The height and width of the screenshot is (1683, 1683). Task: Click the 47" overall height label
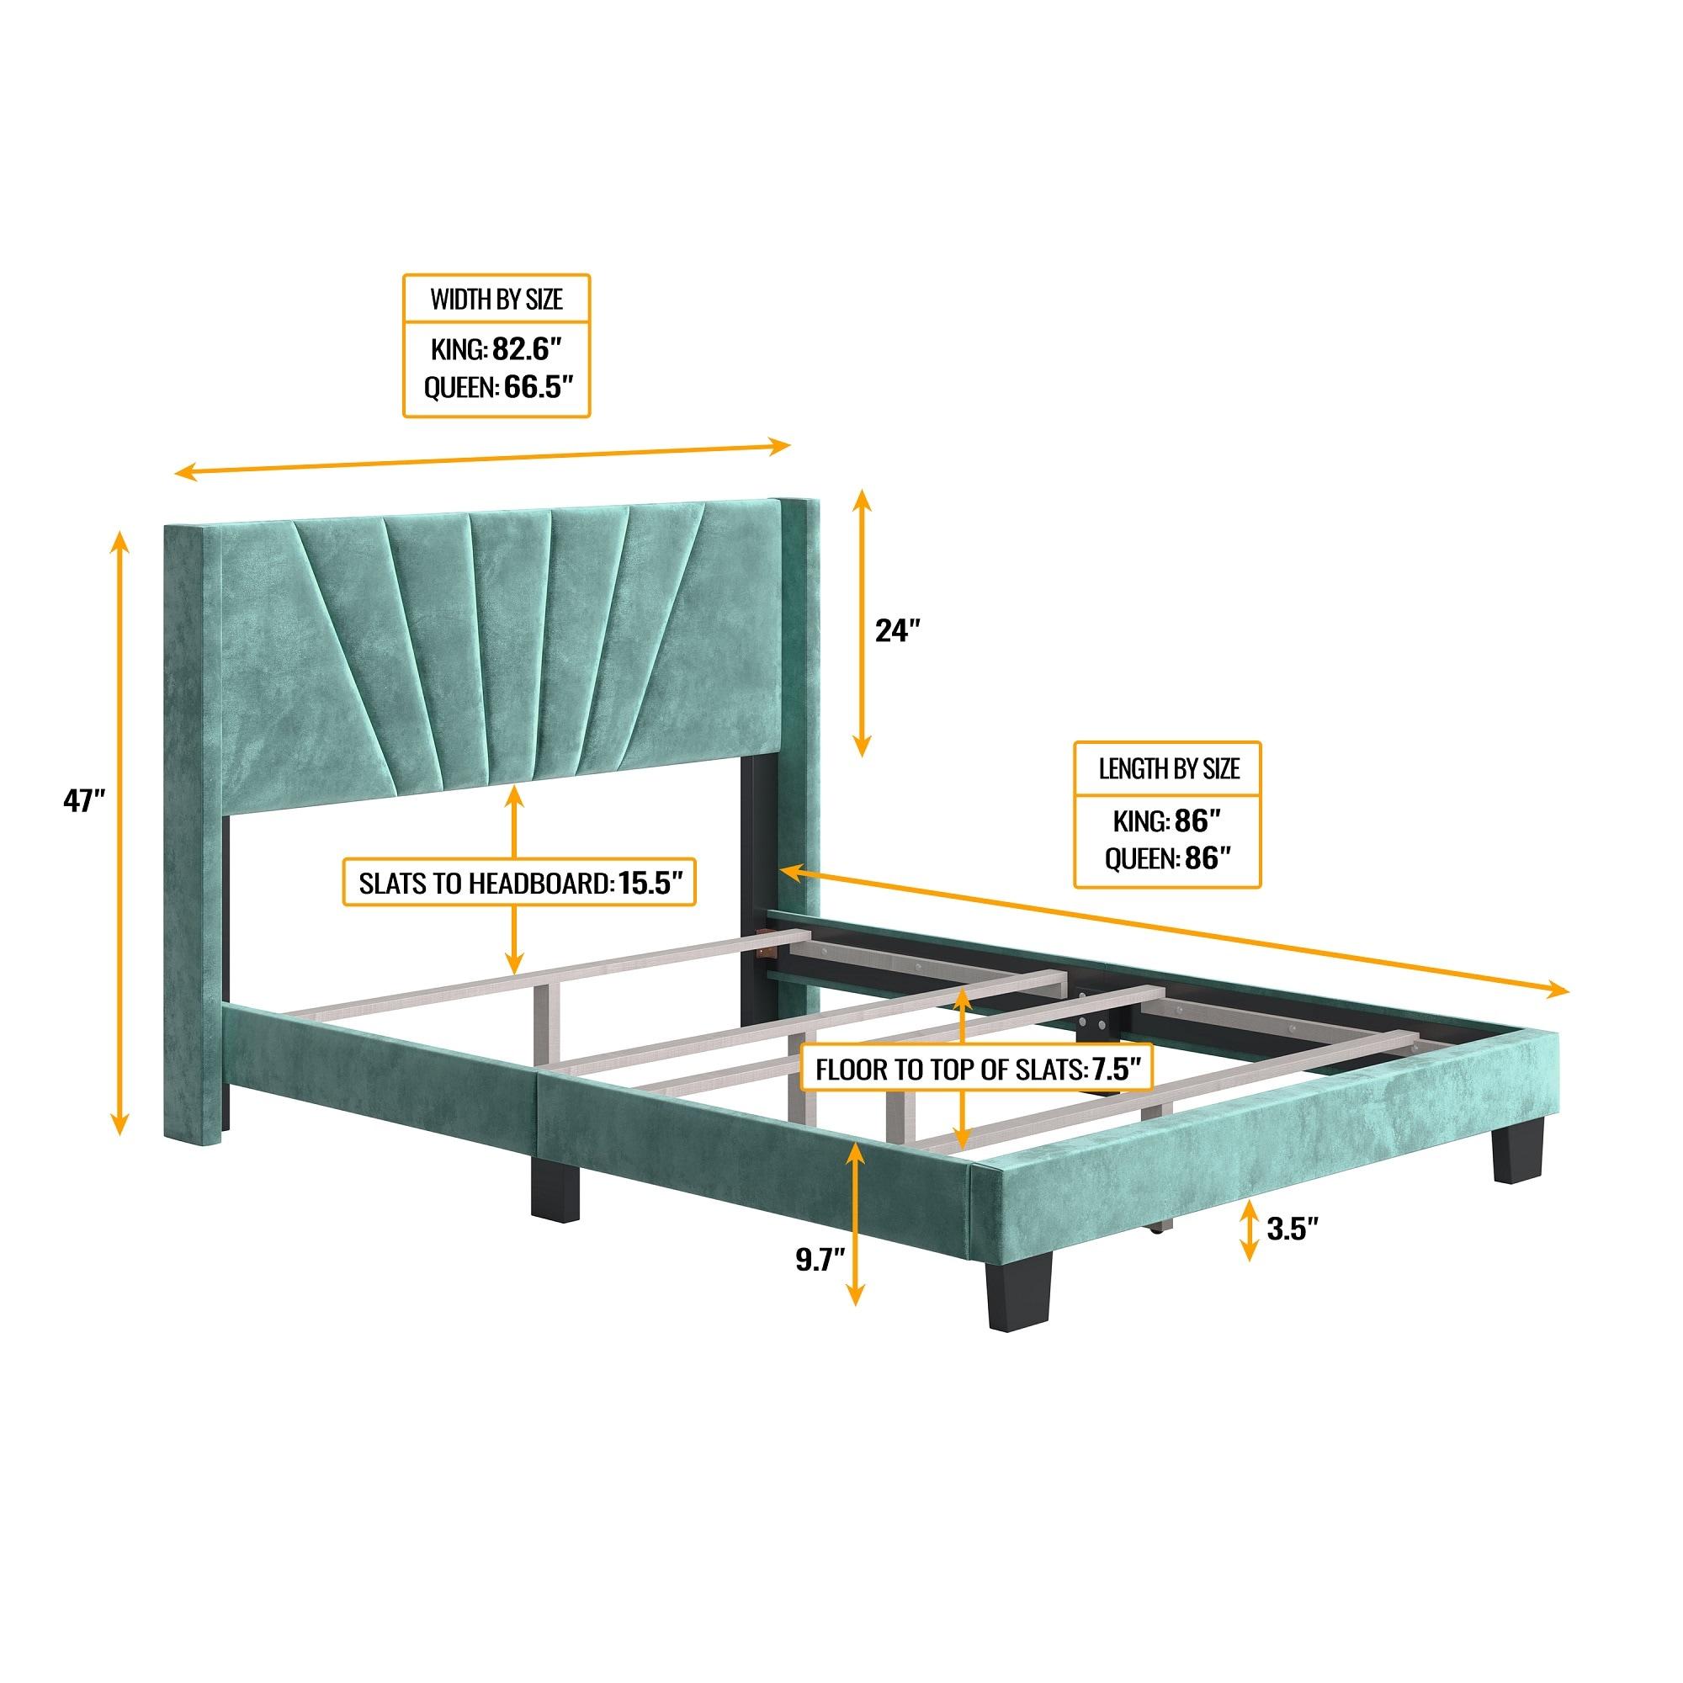pyautogui.click(x=83, y=800)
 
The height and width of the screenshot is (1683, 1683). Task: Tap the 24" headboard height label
pyautogui.click(x=897, y=629)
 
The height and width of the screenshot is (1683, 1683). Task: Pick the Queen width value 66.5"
pyautogui.click(x=538, y=386)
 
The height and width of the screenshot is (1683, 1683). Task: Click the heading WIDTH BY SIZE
pyautogui.click(x=496, y=300)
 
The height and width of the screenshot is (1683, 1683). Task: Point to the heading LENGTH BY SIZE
pyautogui.click(x=1168, y=768)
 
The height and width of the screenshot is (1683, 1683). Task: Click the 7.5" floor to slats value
pyautogui.click(x=1117, y=1069)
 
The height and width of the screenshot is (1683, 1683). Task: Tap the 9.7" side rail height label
pyautogui.click(x=820, y=1261)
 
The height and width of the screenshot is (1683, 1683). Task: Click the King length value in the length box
pyautogui.click(x=1197, y=820)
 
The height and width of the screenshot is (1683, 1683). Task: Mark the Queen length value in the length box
pyautogui.click(x=1206, y=859)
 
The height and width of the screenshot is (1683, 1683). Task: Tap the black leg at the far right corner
pyautogui.click(x=1517, y=1149)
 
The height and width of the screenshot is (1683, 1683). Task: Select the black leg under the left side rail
pyautogui.click(x=555, y=1187)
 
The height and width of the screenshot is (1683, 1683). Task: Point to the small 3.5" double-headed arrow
pyautogui.click(x=1249, y=1229)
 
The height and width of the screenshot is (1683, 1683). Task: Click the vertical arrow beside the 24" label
pyautogui.click(x=862, y=609)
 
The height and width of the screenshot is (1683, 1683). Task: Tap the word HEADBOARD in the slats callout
pyautogui.click(x=540, y=884)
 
